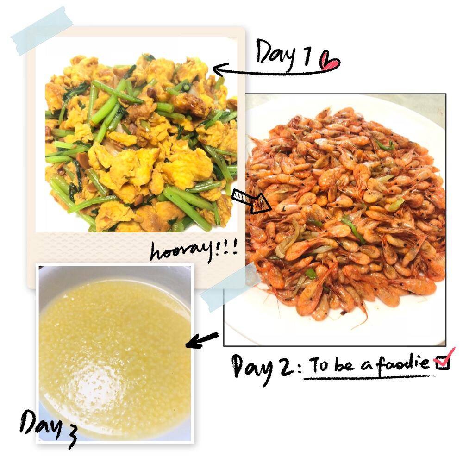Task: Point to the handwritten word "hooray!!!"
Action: tap(194, 250)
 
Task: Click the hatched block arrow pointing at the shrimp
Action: tap(251, 201)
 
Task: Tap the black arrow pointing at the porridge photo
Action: tap(202, 340)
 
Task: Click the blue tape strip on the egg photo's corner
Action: tap(42, 31)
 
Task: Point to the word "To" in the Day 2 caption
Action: tap(319, 364)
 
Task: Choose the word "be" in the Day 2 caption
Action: tap(344, 364)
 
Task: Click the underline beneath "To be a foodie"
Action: tap(368, 376)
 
